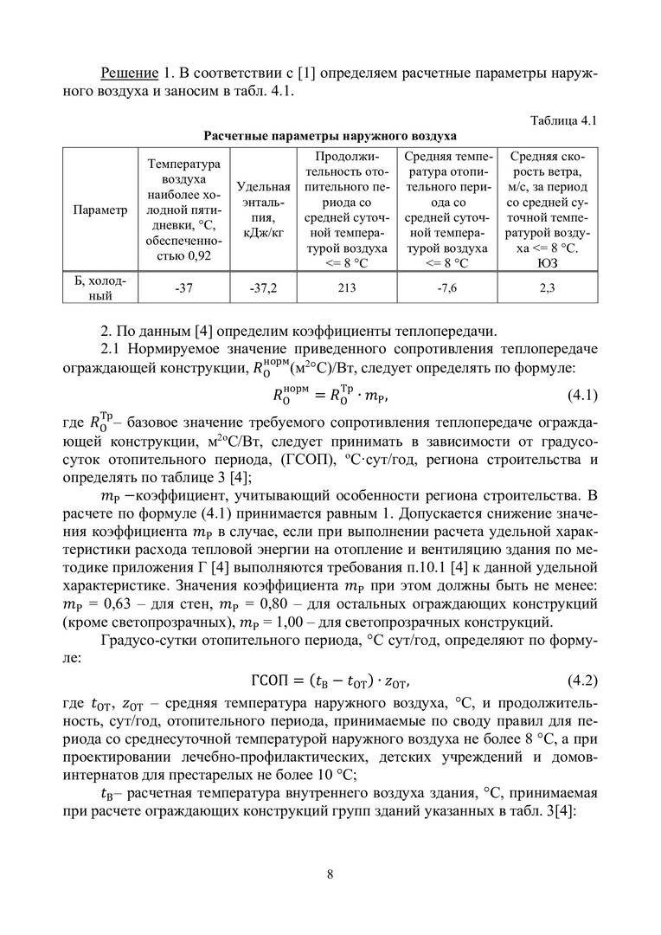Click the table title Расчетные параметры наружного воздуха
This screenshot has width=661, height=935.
330,135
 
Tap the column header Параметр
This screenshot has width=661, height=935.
99,210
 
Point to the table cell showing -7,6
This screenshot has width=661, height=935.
446,289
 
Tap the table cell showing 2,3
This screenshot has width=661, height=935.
547,289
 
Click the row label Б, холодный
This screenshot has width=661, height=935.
99,289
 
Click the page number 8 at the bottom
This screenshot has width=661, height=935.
330,873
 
